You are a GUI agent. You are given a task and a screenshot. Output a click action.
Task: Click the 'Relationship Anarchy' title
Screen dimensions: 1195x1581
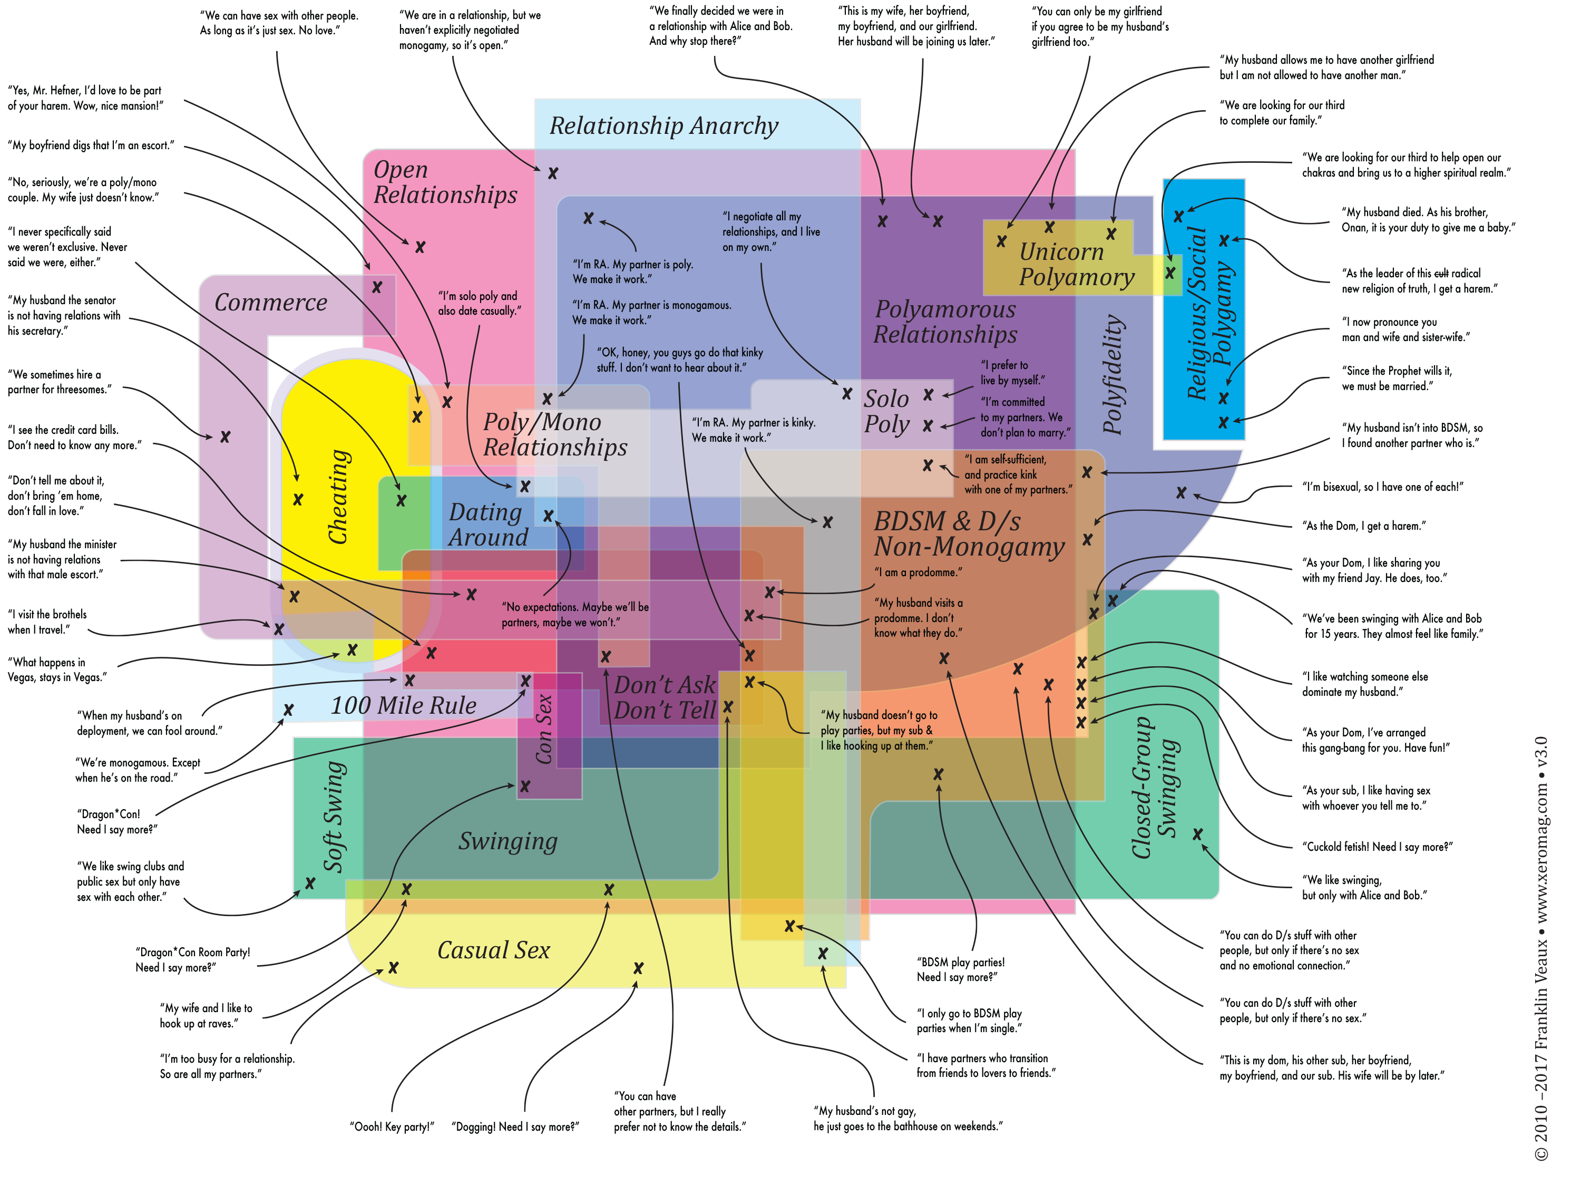663,126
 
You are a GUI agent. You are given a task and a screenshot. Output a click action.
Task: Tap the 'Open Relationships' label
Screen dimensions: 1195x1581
445,182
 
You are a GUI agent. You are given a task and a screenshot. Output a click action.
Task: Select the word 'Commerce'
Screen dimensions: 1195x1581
271,303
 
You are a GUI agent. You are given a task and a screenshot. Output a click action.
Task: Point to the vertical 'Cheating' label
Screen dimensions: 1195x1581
338,497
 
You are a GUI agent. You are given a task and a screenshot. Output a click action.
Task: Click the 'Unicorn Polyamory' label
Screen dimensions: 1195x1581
1076,265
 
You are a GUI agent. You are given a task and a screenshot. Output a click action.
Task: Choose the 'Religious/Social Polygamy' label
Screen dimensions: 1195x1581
1208,313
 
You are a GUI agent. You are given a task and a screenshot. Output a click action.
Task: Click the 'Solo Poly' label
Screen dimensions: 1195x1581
887,411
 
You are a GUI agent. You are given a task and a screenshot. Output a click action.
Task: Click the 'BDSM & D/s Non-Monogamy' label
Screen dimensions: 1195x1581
969,534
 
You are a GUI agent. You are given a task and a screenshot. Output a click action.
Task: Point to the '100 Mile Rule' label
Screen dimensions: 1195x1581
403,705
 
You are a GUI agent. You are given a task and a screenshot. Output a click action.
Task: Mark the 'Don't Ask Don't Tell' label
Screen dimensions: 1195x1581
665,697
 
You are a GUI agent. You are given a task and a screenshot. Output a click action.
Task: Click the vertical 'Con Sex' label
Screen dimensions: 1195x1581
544,728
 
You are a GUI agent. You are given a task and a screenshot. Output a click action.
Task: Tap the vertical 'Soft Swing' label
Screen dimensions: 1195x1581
335,816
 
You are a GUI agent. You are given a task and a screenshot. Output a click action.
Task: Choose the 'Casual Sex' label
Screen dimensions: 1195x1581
493,950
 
